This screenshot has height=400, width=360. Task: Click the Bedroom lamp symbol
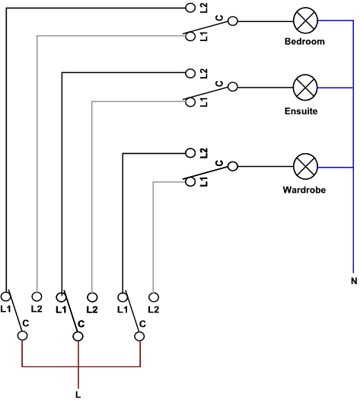click(x=305, y=21)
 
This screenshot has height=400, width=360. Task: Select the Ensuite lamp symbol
click(x=305, y=88)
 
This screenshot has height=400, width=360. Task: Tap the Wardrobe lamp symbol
click(x=305, y=167)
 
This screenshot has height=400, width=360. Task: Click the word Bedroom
click(x=304, y=41)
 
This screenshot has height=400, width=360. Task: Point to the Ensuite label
click(x=301, y=111)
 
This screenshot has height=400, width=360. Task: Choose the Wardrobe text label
click(x=304, y=190)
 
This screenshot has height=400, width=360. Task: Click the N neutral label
click(x=354, y=281)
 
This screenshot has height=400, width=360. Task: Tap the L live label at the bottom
click(x=78, y=395)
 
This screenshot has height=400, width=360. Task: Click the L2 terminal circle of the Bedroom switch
click(x=190, y=8)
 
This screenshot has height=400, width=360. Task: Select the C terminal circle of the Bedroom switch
click(x=232, y=21)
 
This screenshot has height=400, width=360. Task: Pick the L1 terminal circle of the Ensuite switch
click(x=190, y=102)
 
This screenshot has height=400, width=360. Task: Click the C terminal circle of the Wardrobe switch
click(x=232, y=167)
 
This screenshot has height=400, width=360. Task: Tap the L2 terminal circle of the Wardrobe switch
click(x=190, y=153)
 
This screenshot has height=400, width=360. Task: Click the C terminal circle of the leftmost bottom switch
click(x=22, y=336)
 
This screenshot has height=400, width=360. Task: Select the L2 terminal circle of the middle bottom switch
click(x=92, y=297)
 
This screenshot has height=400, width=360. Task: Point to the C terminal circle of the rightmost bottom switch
click(x=139, y=337)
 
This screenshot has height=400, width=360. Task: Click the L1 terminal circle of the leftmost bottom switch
click(x=5, y=296)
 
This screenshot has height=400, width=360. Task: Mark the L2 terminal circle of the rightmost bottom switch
click(x=154, y=297)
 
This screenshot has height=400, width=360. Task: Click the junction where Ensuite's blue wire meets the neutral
click(x=353, y=88)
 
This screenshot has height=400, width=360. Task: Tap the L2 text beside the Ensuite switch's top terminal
click(x=204, y=74)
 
